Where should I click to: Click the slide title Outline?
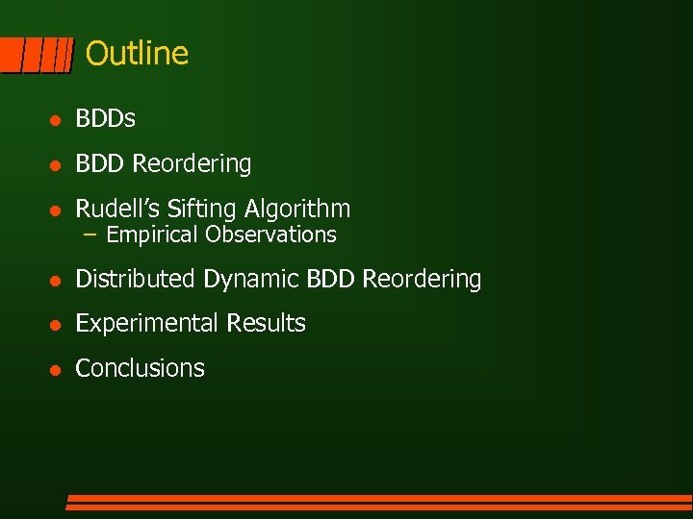click(x=137, y=54)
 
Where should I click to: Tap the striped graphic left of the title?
click(x=37, y=56)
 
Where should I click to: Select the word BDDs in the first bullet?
click(x=105, y=119)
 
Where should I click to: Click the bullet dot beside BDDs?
click(x=57, y=120)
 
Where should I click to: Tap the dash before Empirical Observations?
click(x=90, y=235)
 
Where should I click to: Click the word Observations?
click(x=270, y=235)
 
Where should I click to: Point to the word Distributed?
click(x=136, y=279)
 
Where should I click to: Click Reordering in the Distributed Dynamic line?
click(x=422, y=279)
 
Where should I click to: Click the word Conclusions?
click(x=140, y=368)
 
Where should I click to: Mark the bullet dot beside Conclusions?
click(x=57, y=369)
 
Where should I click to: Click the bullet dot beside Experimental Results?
click(x=57, y=325)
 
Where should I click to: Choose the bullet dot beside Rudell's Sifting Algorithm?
click(x=57, y=210)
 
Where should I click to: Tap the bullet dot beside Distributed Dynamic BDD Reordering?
click(x=57, y=281)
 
